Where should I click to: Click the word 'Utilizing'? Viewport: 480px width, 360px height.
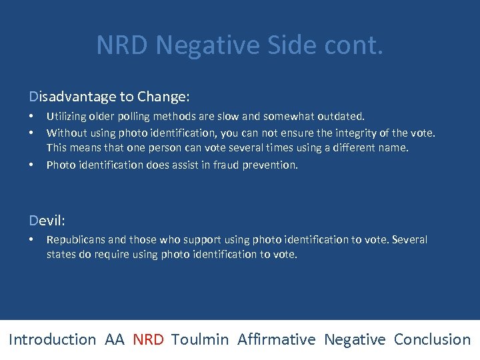(67, 117)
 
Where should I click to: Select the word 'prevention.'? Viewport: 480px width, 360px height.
(272, 165)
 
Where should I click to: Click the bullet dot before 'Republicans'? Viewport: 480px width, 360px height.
(31, 239)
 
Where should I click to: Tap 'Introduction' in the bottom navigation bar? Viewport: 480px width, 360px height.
(53, 339)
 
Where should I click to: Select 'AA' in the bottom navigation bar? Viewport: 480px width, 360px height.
(114, 339)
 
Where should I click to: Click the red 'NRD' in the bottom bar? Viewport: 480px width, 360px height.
(148, 339)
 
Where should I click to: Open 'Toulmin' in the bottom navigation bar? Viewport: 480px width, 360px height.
(200, 339)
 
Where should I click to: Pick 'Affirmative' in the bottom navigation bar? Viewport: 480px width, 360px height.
(276, 339)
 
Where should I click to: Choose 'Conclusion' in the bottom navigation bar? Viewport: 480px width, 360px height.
(432, 339)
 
